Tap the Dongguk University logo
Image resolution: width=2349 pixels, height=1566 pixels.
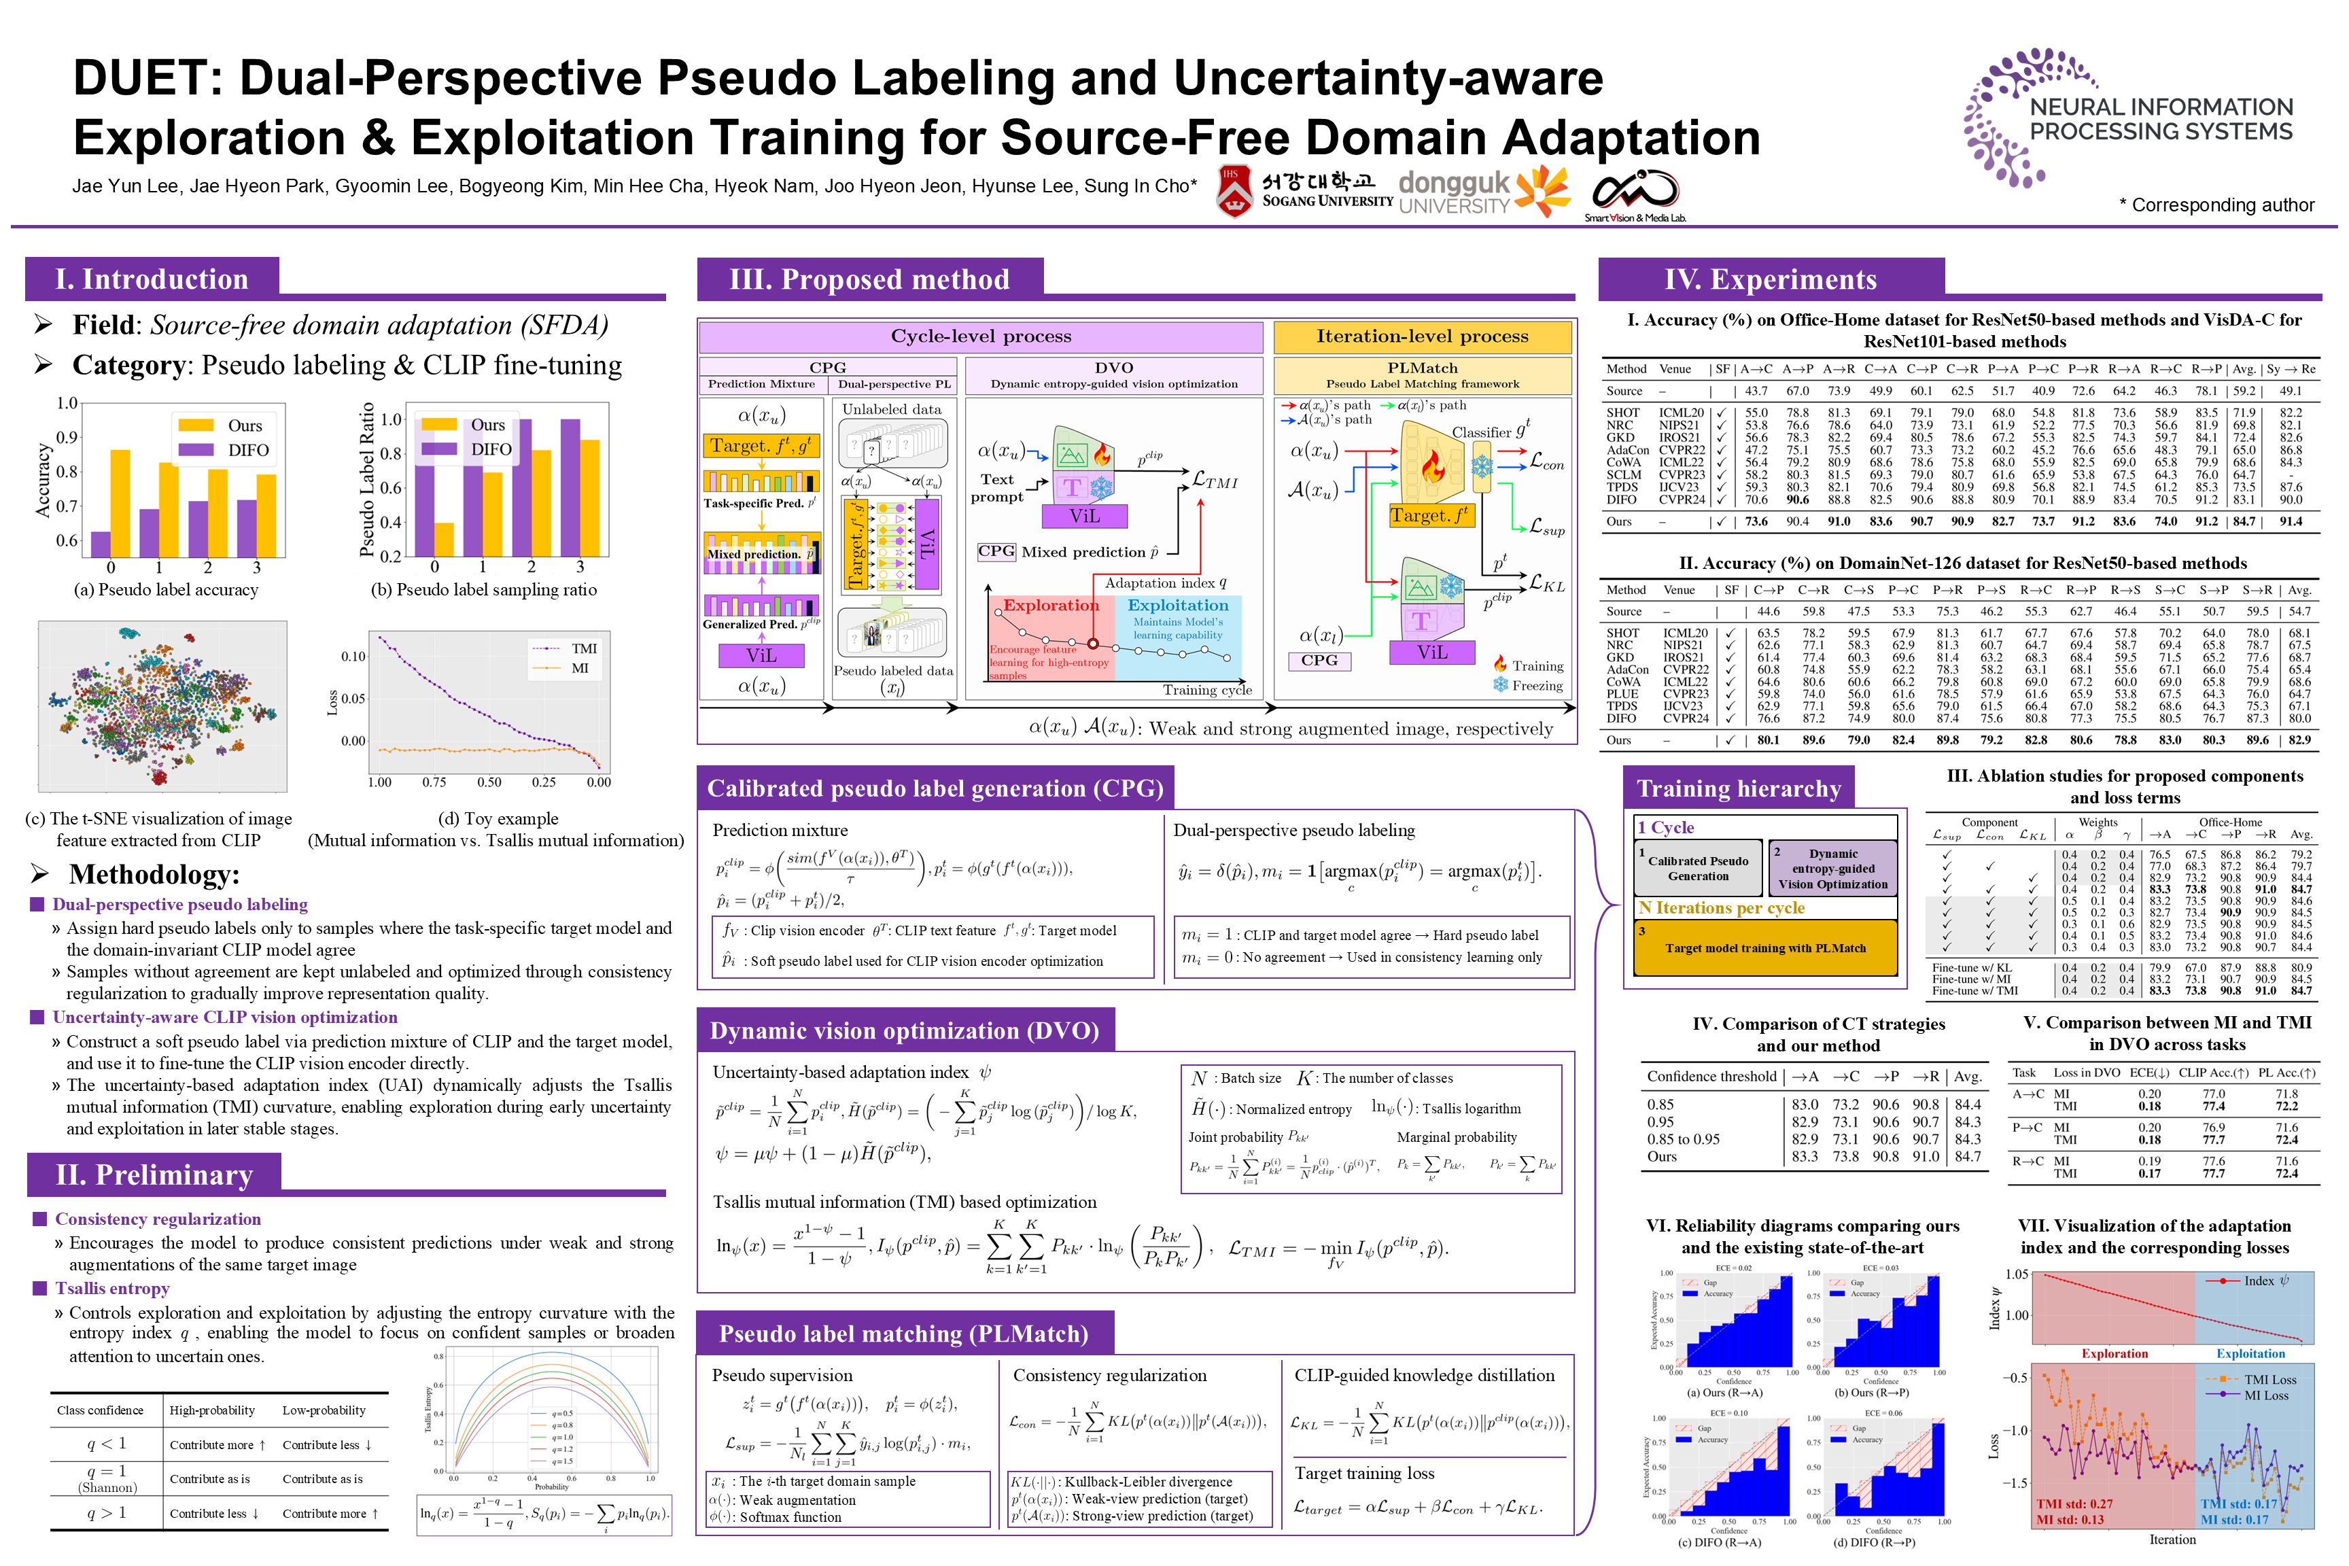[x=1482, y=191]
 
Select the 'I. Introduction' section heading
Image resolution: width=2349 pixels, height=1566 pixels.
[x=152, y=279]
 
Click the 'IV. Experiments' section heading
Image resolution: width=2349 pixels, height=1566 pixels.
[x=1770, y=279]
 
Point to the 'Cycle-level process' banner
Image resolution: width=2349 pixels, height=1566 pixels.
[x=981, y=336]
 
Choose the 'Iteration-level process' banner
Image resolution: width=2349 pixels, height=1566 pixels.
[x=1421, y=336]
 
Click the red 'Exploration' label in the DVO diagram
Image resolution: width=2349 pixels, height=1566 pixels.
[x=1051, y=605]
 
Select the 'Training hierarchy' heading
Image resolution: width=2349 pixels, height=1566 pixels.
[x=1738, y=789]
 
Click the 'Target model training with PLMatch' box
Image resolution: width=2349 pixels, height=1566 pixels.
[x=1764, y=947]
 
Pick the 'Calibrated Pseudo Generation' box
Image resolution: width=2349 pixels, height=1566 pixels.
[x=1698, y=868]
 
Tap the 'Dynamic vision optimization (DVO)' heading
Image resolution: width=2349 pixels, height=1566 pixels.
[x=904, y=1030]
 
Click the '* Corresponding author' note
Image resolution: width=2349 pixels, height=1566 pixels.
[x=2216, y=205]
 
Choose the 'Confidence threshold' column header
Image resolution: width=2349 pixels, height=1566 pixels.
[x=1711, y=1077]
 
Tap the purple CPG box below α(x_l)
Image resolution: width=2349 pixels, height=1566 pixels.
[x=1319, y=660]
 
